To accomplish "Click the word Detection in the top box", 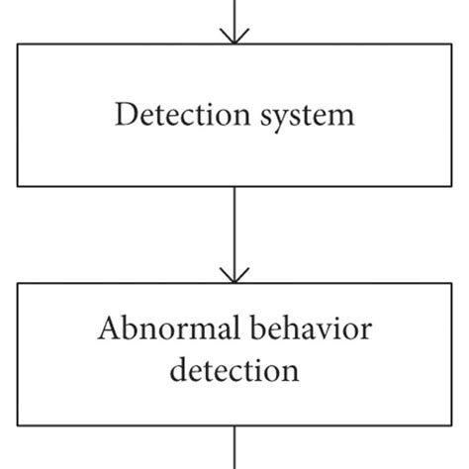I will [x=172, y=115].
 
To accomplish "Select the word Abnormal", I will [x=155, y=330].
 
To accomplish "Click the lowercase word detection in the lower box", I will [x=234, y=372].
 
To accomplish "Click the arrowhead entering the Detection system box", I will [x=234, y=37].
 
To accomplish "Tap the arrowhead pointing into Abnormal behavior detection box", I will [x=234, y=275].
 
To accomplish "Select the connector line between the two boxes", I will [x=234, y=228].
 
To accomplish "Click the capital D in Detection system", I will [x=124, y=115].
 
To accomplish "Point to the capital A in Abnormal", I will [x=107, y=330].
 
